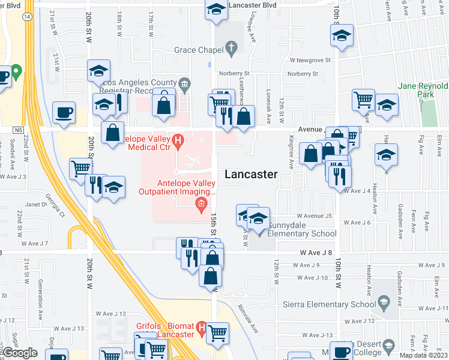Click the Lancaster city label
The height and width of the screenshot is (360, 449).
coord(251,175)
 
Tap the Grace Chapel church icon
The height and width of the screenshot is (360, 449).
coord(232,47)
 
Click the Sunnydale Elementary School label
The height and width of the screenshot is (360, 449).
coord(302,233)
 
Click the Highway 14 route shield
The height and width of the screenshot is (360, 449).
coord(28,17)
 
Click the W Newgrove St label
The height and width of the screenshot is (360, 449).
coord(310,60)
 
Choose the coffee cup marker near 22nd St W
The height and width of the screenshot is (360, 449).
coord(64,112)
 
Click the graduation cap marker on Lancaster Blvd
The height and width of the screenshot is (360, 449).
coord(216,10)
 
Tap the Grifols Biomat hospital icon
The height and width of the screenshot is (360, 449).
coord(202,329)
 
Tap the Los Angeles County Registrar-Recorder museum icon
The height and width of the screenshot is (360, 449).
coord(185,83)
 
